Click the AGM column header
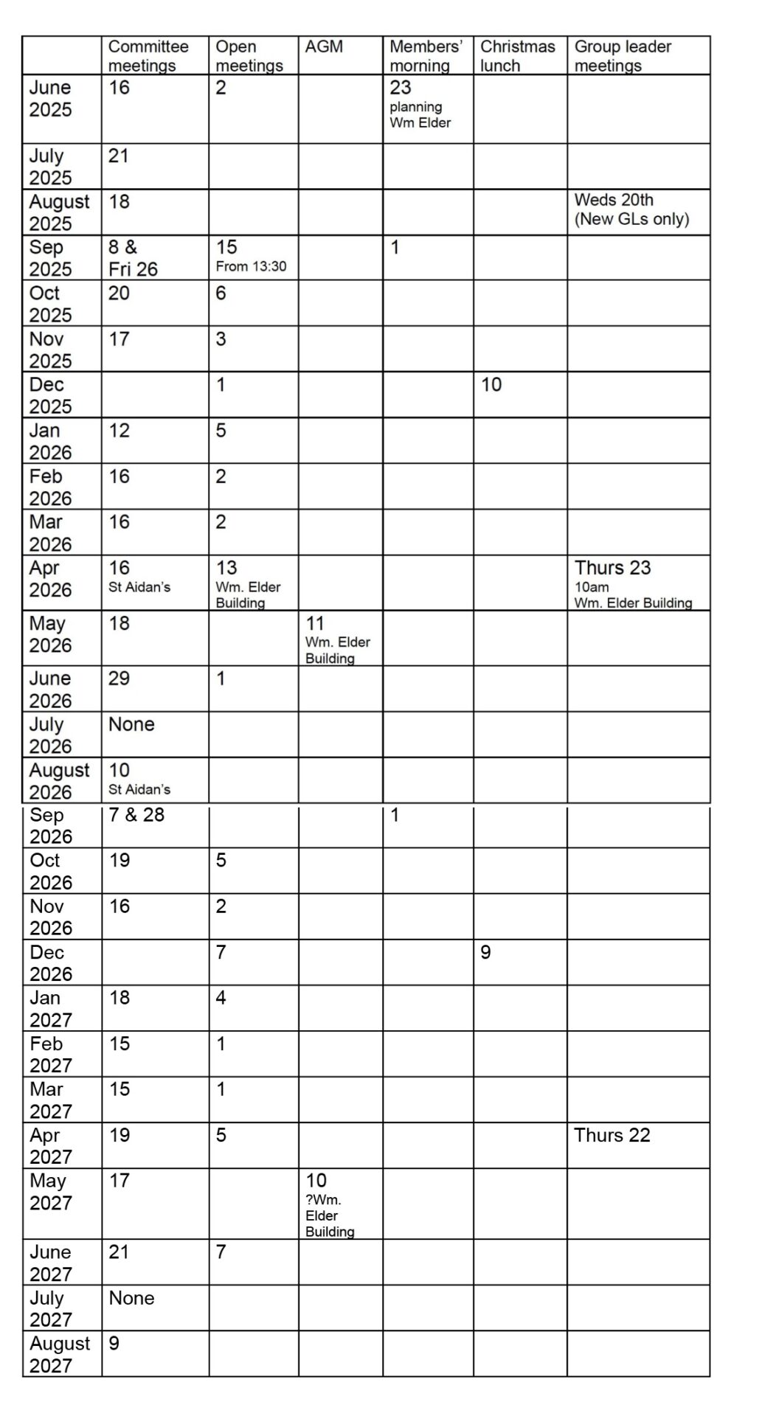324,46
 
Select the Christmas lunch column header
517,56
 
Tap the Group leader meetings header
623,56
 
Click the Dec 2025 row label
50,395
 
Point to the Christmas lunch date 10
491,385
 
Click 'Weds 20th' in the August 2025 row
614,200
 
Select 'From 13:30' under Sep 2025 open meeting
251,267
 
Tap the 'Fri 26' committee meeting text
133,269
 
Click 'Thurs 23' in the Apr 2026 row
612,568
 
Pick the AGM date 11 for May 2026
315,623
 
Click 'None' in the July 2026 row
131,724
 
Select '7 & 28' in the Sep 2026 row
136,815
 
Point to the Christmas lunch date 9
485,952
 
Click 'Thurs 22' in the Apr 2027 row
612,1135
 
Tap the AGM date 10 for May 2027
316,1181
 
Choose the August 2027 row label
60,1354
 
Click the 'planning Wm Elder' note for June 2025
420,115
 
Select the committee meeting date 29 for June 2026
119,678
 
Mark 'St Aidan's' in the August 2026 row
139,789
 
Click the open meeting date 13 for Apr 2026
226,568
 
